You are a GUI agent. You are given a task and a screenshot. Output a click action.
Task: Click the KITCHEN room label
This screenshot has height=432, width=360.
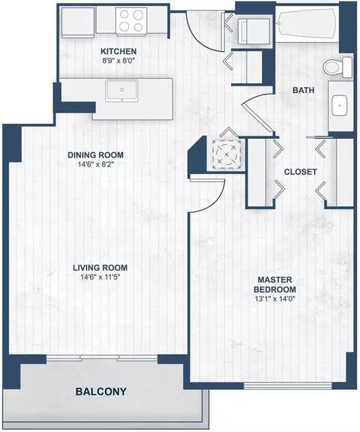[x=120, y=52]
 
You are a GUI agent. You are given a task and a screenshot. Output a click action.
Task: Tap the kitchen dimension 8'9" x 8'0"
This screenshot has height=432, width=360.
[x=120, y=64]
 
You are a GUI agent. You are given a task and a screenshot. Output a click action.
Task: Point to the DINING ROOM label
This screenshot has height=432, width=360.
[x=95, y=155]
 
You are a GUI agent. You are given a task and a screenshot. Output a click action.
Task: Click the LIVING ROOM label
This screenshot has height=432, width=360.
[x=99, y=268]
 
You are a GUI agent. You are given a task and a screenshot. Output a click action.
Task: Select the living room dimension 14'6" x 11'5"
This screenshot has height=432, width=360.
[x=99, y=279]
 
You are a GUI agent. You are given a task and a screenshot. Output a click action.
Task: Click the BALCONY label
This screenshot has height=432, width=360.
[x=100, y=391]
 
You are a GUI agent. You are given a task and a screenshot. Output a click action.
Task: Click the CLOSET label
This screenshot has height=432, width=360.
[x=300, y=172]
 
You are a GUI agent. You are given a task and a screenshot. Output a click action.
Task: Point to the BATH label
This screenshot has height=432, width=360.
[x=303, y=90]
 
